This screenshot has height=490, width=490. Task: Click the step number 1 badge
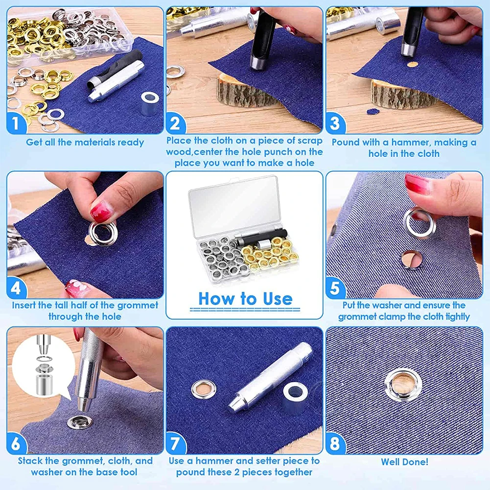pyautogui.click(x=16, y=123)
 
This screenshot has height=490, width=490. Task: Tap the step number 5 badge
pyautogui.click(x=335, y=288)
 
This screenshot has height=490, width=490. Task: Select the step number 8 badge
pyautogui.click(x=335, y=443)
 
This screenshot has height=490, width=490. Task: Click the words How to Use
pyautogui.click(x=245, y=299)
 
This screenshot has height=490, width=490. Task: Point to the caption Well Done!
pyautogui.click(x=404, y=462)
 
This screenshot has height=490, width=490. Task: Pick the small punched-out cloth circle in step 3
pyautogui.click(x=373, y=112)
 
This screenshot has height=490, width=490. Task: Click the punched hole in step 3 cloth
pyautogui.click(x=413, y=65)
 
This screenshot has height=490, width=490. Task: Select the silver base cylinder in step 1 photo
pyautogui.click(x=150, y=103)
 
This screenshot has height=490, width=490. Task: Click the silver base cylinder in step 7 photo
pyautogui.click(x=295, y=397)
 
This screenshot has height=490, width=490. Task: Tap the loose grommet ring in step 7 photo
pyautogui.click(x=204, y=389)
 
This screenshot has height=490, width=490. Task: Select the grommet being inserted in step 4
pyautogui.click(x=102, y=234)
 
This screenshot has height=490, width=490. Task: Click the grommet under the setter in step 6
pyautogui.click(x=79, y=422)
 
